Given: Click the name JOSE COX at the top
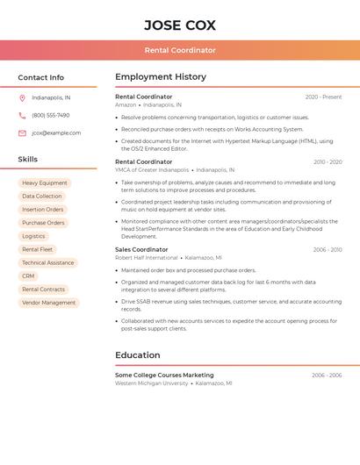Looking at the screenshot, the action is point(180,25).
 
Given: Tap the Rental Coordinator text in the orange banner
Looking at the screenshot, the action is point(180,50).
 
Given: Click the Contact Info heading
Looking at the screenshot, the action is point(40,77).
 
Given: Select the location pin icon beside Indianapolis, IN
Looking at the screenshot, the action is point(22,97).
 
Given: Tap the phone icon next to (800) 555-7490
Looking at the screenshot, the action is point(22,115).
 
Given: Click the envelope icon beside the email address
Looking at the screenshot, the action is point(22,133).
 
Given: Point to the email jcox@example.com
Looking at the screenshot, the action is point(56,133).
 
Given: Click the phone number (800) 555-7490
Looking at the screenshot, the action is point(51,115).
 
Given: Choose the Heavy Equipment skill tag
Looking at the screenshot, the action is point(45,183).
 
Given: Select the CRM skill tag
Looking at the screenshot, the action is point(28,276).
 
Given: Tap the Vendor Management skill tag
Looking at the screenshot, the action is point(49,303).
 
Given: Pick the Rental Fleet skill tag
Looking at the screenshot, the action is point(37,249).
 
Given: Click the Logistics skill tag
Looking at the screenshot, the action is point(33,236).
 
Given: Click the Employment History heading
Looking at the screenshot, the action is point(161,77).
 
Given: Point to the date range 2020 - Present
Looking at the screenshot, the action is point(323,97).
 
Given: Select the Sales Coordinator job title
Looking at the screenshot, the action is point(141,249).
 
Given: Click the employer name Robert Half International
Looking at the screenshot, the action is point(146,258).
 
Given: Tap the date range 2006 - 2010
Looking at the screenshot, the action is point(328,250).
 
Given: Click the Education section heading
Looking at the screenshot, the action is point(137,355).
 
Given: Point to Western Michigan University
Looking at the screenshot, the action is point(151,383).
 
